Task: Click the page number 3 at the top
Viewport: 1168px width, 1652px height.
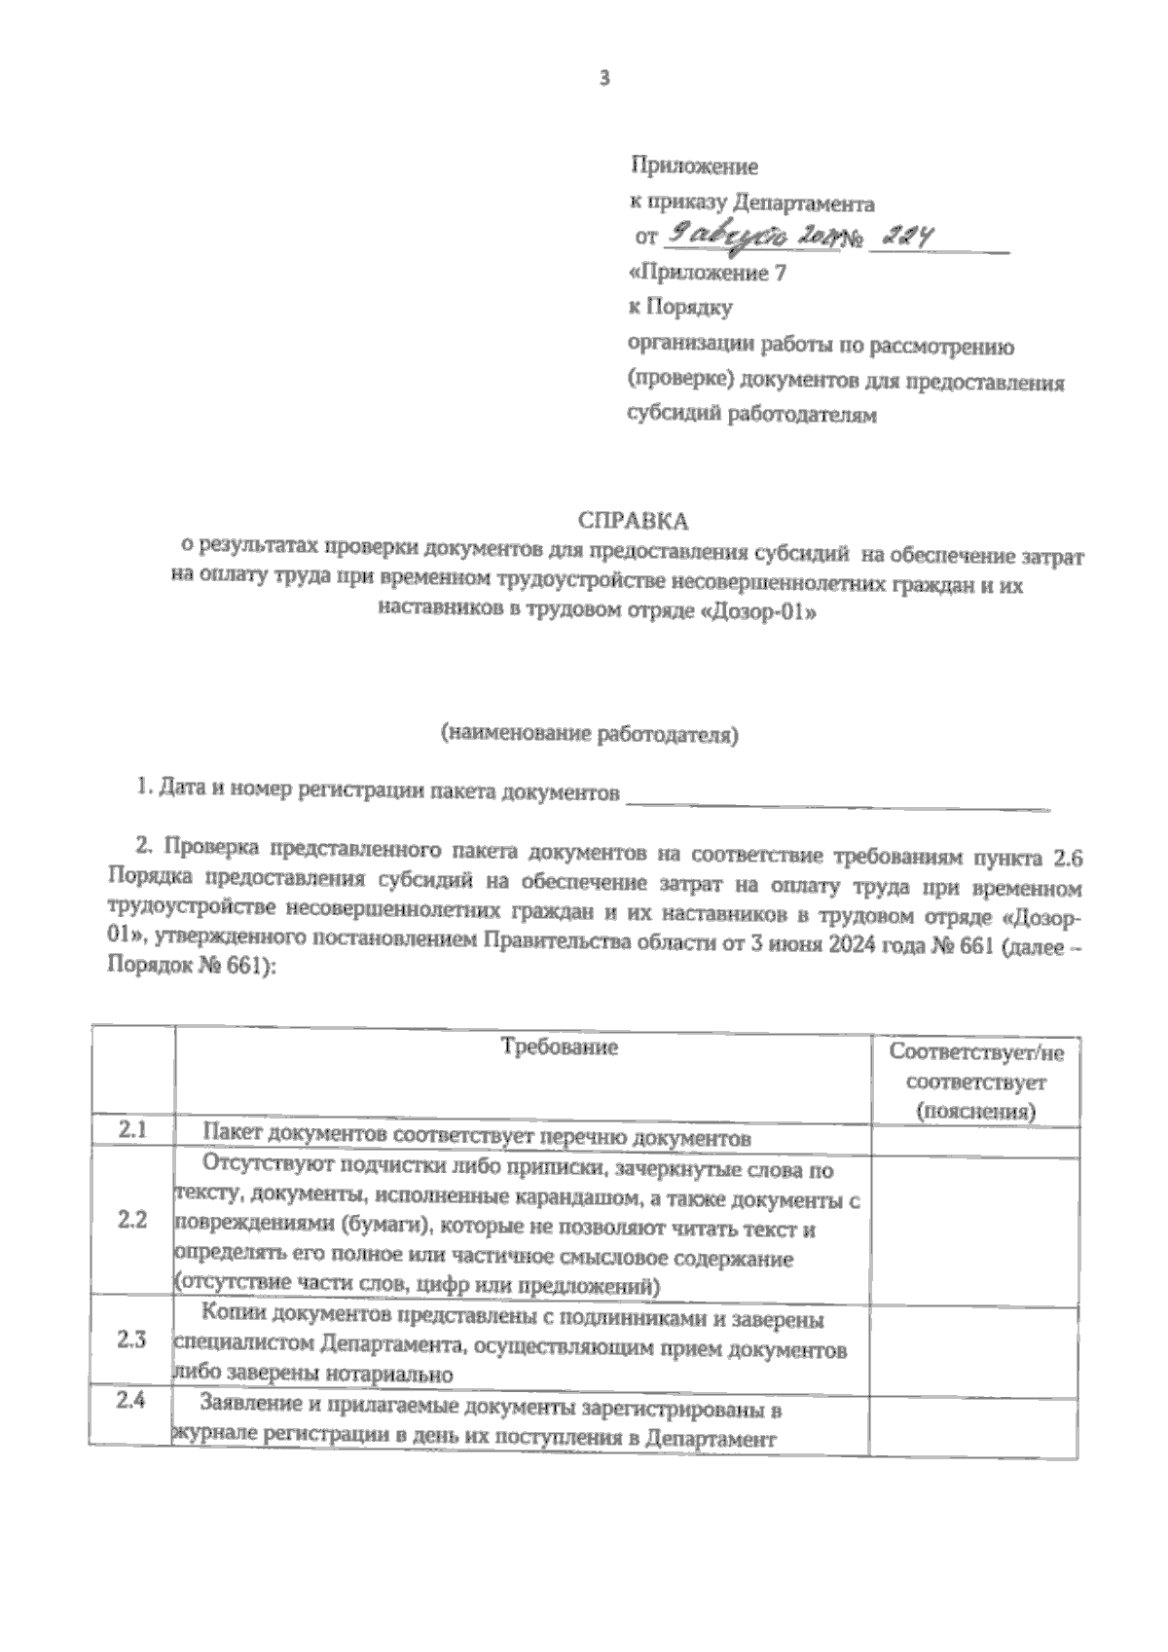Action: (x=603, y=79)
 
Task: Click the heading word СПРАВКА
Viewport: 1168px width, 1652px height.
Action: (x=634, y=520)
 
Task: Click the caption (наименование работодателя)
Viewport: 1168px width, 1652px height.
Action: (x=589, y=734)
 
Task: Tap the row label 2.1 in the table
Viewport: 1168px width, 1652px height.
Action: (x=132, y=1130)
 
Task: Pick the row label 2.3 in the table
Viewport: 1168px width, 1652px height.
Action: (x=132, y=1340)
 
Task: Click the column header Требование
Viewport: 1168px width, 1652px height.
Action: (x=559, y=1047)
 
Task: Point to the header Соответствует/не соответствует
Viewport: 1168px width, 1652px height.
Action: (x=976, y=1081)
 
